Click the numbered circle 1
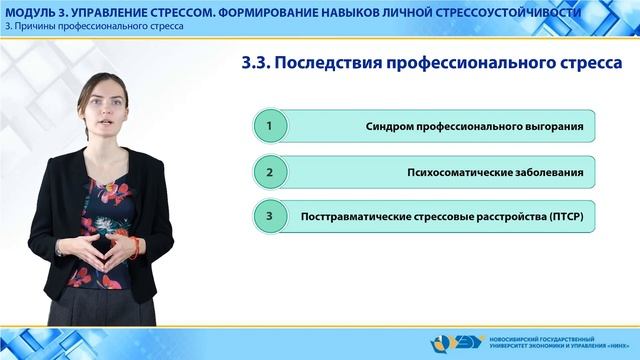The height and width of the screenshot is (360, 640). (268, 127)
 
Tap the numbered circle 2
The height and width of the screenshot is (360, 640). (268, 172)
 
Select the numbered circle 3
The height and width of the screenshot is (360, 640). (268, 216)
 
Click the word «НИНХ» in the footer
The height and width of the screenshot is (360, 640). (614, 346)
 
